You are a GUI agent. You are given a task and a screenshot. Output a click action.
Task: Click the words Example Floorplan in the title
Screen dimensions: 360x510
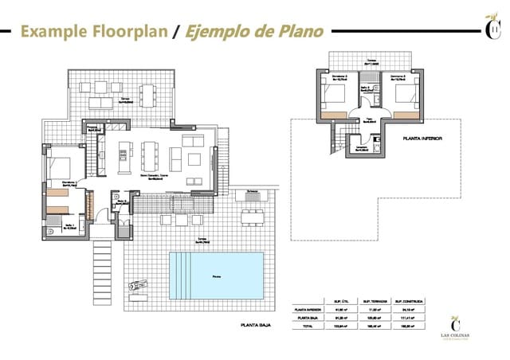coord(94,32)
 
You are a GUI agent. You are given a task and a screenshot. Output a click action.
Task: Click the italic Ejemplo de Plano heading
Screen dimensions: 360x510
coord(253,32)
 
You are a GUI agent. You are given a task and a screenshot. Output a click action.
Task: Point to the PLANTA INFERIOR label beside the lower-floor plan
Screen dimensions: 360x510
coord(422,138)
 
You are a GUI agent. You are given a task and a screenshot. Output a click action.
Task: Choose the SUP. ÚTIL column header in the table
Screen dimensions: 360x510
coord(338,301)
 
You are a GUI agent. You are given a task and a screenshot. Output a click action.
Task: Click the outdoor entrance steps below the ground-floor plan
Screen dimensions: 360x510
coord(104,267)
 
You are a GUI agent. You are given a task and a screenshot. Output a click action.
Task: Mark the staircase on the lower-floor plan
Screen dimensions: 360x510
coord(341,140)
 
